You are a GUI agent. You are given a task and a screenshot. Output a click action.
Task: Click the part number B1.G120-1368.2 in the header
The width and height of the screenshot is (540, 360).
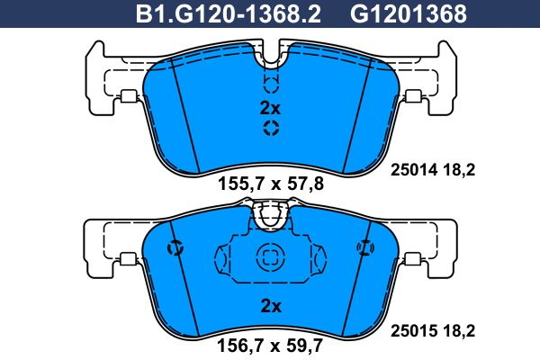pyautogui.click(x=229, y=13)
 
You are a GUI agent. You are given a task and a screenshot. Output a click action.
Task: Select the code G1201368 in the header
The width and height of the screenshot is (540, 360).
pyautogui.click(x=408, y=13)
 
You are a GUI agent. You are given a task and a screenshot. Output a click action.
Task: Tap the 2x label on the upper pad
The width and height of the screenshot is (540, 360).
pyautogui.click(x=270, y=108)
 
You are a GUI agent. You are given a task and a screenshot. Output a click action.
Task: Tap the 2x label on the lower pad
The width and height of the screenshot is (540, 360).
pyautogui.click(x=271, y=305)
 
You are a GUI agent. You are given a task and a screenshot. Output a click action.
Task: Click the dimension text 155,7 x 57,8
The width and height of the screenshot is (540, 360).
pyautogui.click(x=271, y=184)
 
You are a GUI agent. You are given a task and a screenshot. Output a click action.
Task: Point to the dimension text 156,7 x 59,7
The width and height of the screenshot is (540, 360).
pyautogui.click(x=270, y=345)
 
